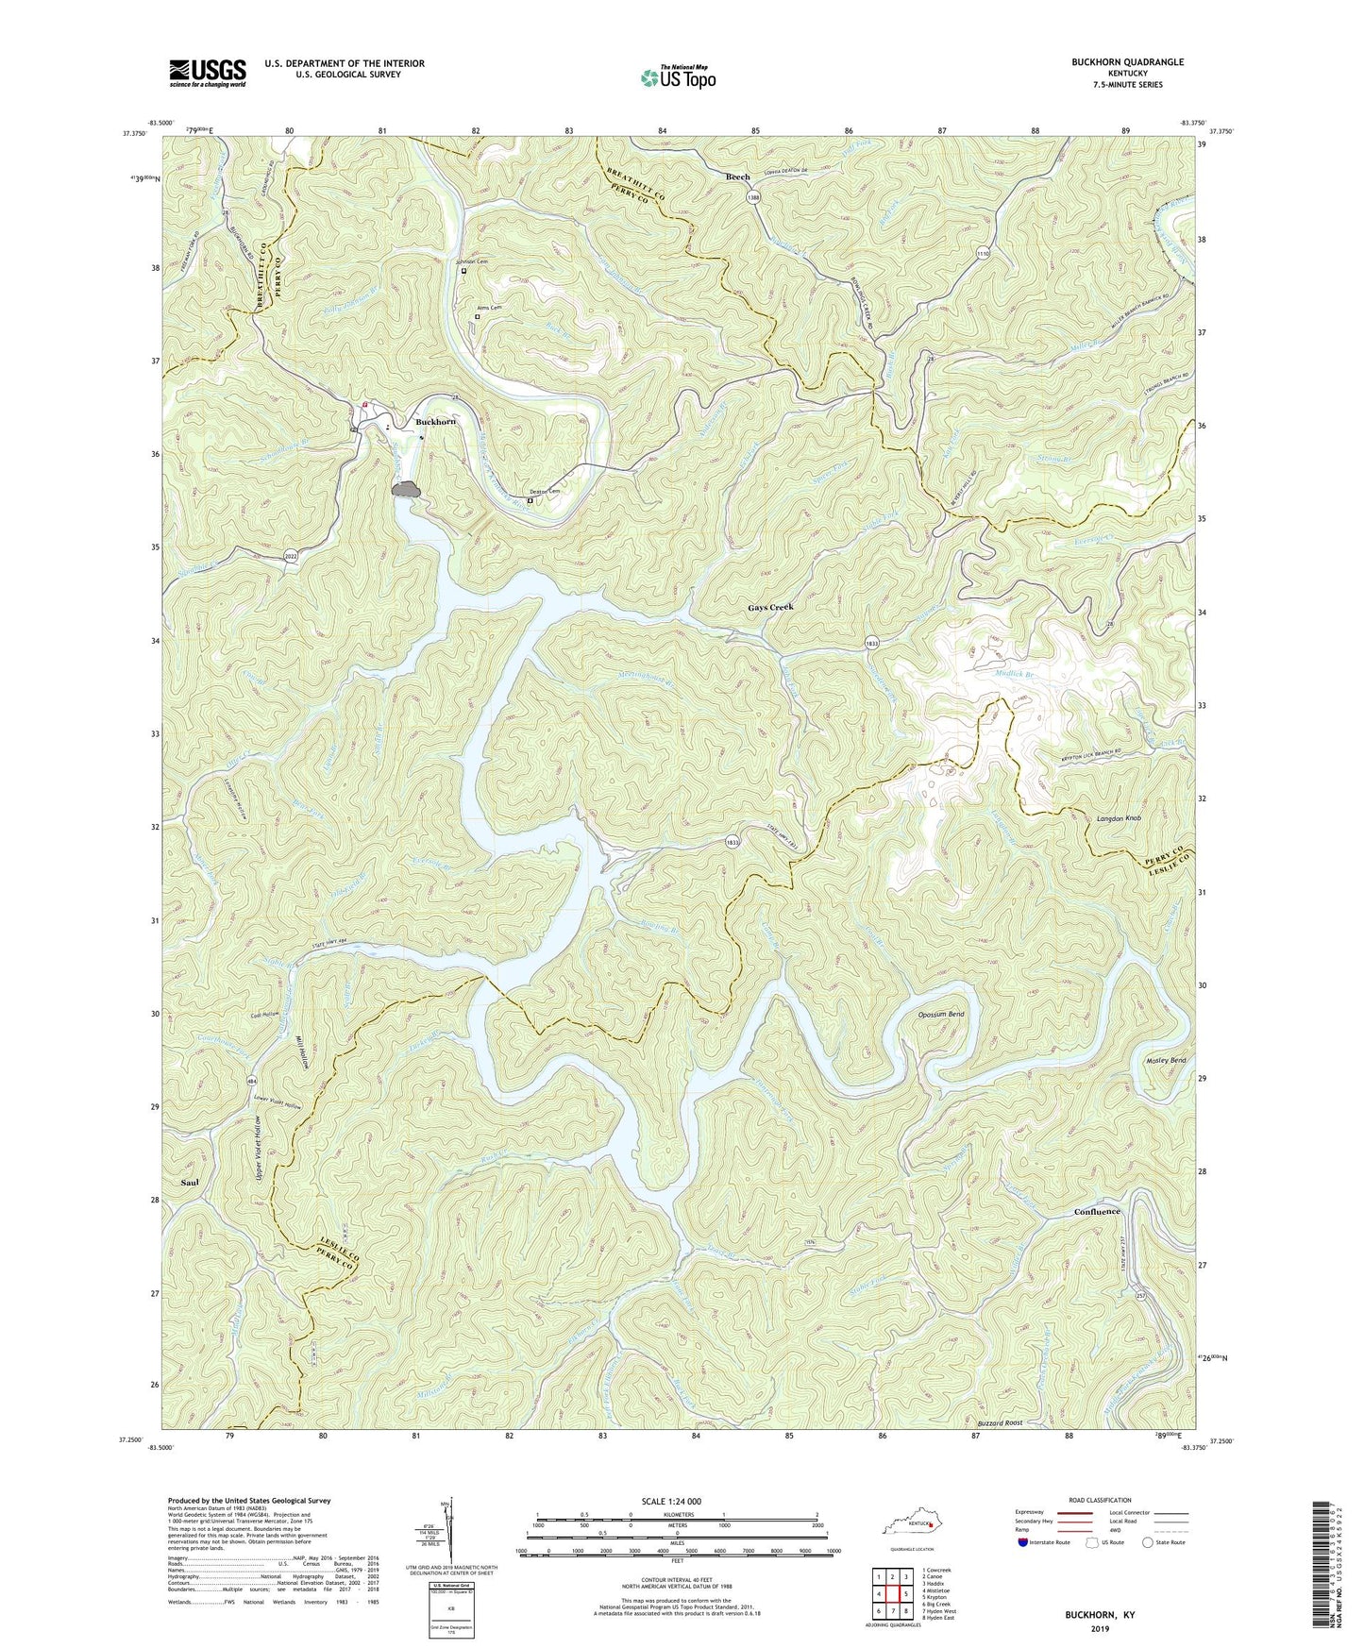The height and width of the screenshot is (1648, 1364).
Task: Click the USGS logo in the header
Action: click(208, 72)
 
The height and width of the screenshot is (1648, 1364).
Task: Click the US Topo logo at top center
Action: click(677, 76)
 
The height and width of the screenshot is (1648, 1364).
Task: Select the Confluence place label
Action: click(1097, 1211)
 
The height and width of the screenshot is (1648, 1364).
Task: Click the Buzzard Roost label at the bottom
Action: click(1000, 1422)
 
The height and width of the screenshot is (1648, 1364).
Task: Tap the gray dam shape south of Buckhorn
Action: click(406, 489)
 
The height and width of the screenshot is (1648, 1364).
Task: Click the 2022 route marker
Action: click(293, 557)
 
